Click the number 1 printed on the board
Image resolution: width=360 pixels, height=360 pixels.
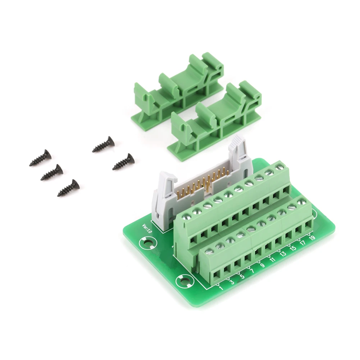(x=221, y=288)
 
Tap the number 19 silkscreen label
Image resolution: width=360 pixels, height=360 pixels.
(x=312, y=238)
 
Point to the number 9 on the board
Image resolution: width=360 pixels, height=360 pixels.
(x=262, y=266)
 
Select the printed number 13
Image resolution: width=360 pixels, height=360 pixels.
(x=283, y=254)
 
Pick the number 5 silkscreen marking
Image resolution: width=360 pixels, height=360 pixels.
(x=242, y=277)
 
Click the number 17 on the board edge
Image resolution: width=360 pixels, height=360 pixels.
(x=303, y=243)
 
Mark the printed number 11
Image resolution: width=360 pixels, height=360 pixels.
(x=272, y=260)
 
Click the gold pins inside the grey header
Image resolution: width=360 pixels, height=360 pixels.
(x=203, y=183)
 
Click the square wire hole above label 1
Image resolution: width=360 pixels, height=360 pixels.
(x=217, y=276)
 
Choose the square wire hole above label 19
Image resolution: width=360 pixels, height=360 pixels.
(x=308, y=225)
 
